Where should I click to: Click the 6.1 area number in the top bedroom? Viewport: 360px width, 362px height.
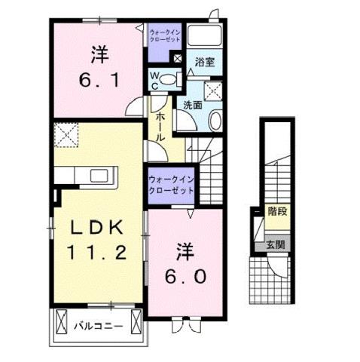click(97, 77)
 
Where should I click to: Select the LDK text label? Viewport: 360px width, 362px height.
click(96, 228)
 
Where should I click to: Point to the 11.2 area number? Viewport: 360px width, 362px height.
click(96, 253)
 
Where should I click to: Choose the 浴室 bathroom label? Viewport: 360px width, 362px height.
click(204, 63)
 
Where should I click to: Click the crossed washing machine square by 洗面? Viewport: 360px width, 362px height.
click(212, 91)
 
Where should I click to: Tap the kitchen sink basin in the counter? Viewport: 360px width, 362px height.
click(99, 176)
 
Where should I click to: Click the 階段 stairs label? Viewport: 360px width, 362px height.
click(276, 213)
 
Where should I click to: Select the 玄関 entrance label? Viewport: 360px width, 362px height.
click(276, 244)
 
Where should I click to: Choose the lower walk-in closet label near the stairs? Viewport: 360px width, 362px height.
click(171, 184)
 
